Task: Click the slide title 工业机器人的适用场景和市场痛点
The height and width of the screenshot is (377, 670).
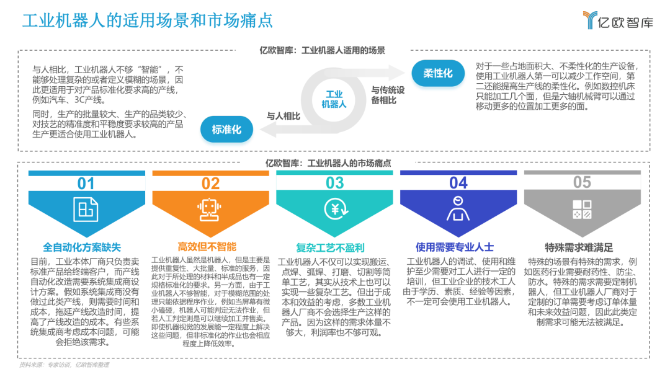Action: (x=148, y=20)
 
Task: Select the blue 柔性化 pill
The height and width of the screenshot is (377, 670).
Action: (x=438, y=73)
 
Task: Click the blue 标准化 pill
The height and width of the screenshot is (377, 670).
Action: (x=226, y=130)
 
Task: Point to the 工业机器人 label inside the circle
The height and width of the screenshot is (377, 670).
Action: (x=334, y=99)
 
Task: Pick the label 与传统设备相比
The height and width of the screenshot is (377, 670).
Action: (x=388, y=95)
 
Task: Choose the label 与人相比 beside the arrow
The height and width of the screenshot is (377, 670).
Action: (x=284, y=115)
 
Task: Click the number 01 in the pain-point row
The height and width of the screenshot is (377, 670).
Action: (x=86, y=184)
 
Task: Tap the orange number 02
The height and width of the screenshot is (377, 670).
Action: (x=210, y=184)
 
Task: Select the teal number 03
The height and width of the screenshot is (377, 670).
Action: (x=334, y=183)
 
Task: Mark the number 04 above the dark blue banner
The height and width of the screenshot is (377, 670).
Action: (x=458, y=183)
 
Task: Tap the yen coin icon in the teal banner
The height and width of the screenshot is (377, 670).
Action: (x=334, y=209)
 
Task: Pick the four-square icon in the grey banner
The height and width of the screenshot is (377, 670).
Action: (x=582, y=209)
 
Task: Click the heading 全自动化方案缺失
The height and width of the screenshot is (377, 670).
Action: (x=86, y=246)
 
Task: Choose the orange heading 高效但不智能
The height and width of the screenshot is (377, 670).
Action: (x=207, y=246)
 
